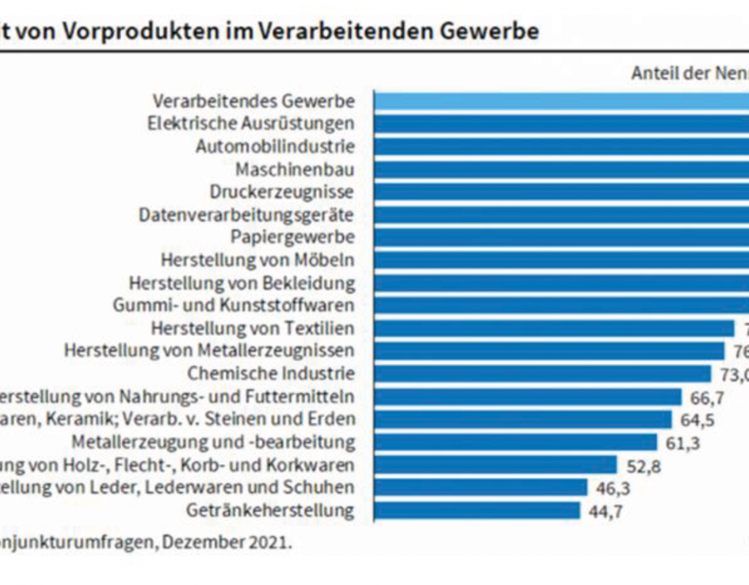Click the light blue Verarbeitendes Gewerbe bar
click(x=561, y=101)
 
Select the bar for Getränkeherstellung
click(x=477, y=511)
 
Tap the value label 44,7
click(x=606, y=512)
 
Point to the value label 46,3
click(x=613, y=488)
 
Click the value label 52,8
click(x=644, y=466)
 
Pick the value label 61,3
click(x=682, y=443)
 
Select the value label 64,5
click(x=698, y=420)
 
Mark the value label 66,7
click(x=707, y=398)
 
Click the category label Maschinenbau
click(x=295, y=170)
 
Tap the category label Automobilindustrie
click(x=275, y=146)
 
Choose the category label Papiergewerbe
click(x=293, y=237)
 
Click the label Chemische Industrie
click(x=271, y=373)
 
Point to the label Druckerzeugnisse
click(x=281, y=192)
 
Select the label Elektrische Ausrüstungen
click(x=250, y=123)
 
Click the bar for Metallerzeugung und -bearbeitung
click(x=516, y=442)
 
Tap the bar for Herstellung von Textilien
click(x=554, y=328)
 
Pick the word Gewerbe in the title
click(x=489, y=31)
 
